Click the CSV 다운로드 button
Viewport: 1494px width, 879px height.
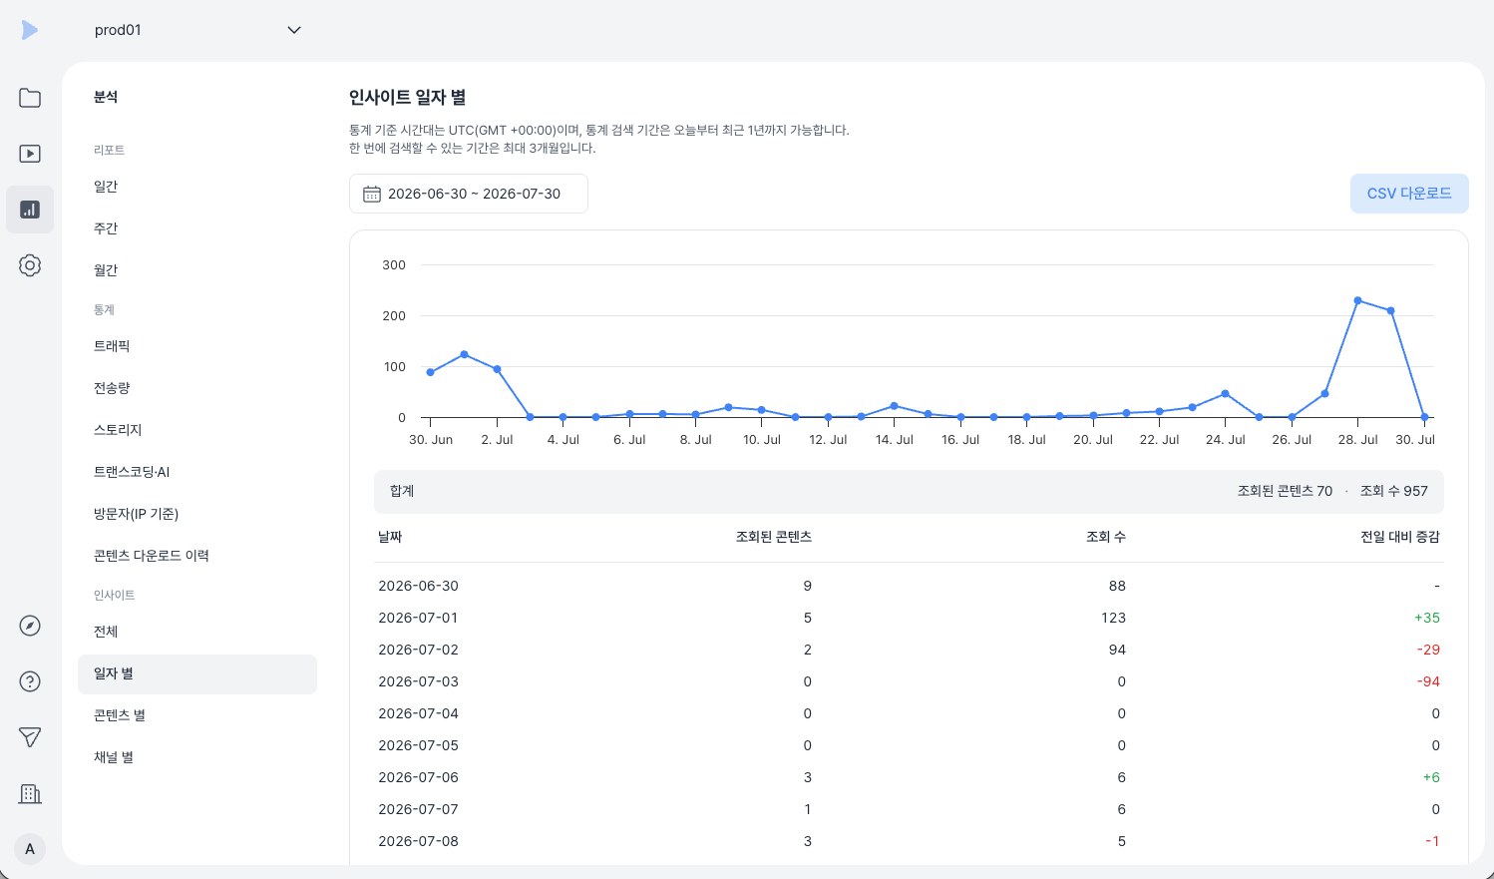tap(1408, 194)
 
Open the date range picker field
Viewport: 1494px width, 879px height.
tap(468, 194)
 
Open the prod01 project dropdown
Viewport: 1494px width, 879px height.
tap(197, 30)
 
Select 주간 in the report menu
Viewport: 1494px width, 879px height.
tap(106, 228)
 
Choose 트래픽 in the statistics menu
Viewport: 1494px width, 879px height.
tap(112, 346)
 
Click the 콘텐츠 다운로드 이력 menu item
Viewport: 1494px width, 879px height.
tap(151, 556)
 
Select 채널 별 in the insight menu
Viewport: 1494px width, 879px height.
tap(114, 757)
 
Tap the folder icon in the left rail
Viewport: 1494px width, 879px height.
tap(30, 98)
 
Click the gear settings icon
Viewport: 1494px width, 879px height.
tap(30, 265)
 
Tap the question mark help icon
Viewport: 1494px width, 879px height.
tap(30, 681)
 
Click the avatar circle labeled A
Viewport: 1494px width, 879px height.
tap(30, 849)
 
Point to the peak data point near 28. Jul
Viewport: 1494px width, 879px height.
tap(1358, 300)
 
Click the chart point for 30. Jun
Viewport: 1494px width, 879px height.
tap(431, 372)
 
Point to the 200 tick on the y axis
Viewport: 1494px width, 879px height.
tap(394, 315)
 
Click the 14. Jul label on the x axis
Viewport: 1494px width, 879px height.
tap(894, 440)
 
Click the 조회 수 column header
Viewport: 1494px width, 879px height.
tap(1106, 537)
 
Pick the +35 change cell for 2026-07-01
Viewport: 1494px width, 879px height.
tap(1426, 618)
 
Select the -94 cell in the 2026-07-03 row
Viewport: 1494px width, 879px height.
tap(1428, 682)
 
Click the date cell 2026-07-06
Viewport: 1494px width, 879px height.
tap(418, 777)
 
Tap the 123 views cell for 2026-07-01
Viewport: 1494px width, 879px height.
tap(1113, 618)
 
